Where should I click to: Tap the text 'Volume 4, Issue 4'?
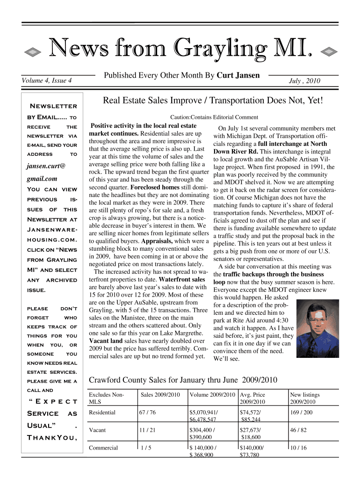tap(46, 80)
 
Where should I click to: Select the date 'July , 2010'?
tap(306, 81)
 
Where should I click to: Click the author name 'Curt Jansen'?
tap(238, 75)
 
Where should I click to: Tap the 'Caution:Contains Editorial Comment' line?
tap(214, 117)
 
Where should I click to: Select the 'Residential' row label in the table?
tap(102, 412)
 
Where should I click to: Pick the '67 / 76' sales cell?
tap(148, 412)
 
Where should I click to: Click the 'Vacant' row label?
tap(97, 430)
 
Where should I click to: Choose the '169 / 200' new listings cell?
tap(301, 412)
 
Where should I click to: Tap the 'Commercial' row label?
tap(103, 448)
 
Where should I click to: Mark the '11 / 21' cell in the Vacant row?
tap(147, 430)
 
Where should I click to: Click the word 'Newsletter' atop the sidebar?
tap(53, 106)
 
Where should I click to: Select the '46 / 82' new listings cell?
tap(298, 430)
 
